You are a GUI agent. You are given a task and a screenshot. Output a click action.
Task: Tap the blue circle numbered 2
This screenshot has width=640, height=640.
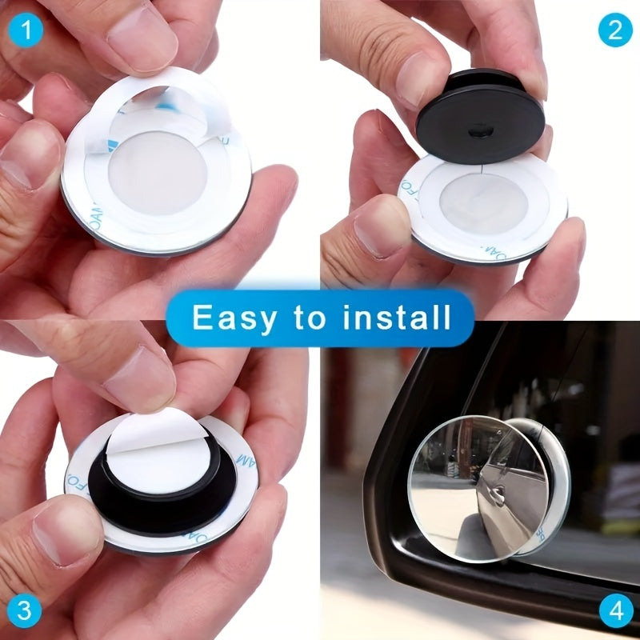click(614, 30)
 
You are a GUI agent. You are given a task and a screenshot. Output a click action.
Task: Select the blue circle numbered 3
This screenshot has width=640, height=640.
click(26, 611)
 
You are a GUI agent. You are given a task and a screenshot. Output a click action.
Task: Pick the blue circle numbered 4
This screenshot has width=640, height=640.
click(614, 611)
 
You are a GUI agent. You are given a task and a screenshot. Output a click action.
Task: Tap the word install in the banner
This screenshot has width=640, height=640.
click(397, 318)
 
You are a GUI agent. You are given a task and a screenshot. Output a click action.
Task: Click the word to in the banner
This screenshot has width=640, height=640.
click(309, 318)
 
